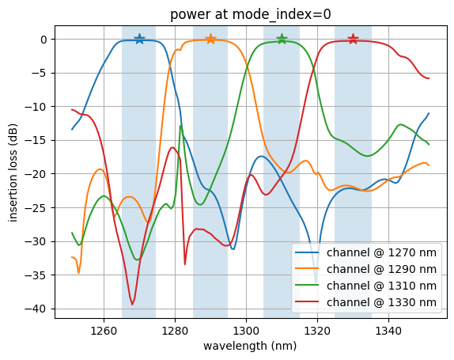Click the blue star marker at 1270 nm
139,39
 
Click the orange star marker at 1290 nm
210,39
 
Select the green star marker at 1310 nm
282,39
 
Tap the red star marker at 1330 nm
353,39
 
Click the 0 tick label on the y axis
44,40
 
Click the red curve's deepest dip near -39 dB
133,304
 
